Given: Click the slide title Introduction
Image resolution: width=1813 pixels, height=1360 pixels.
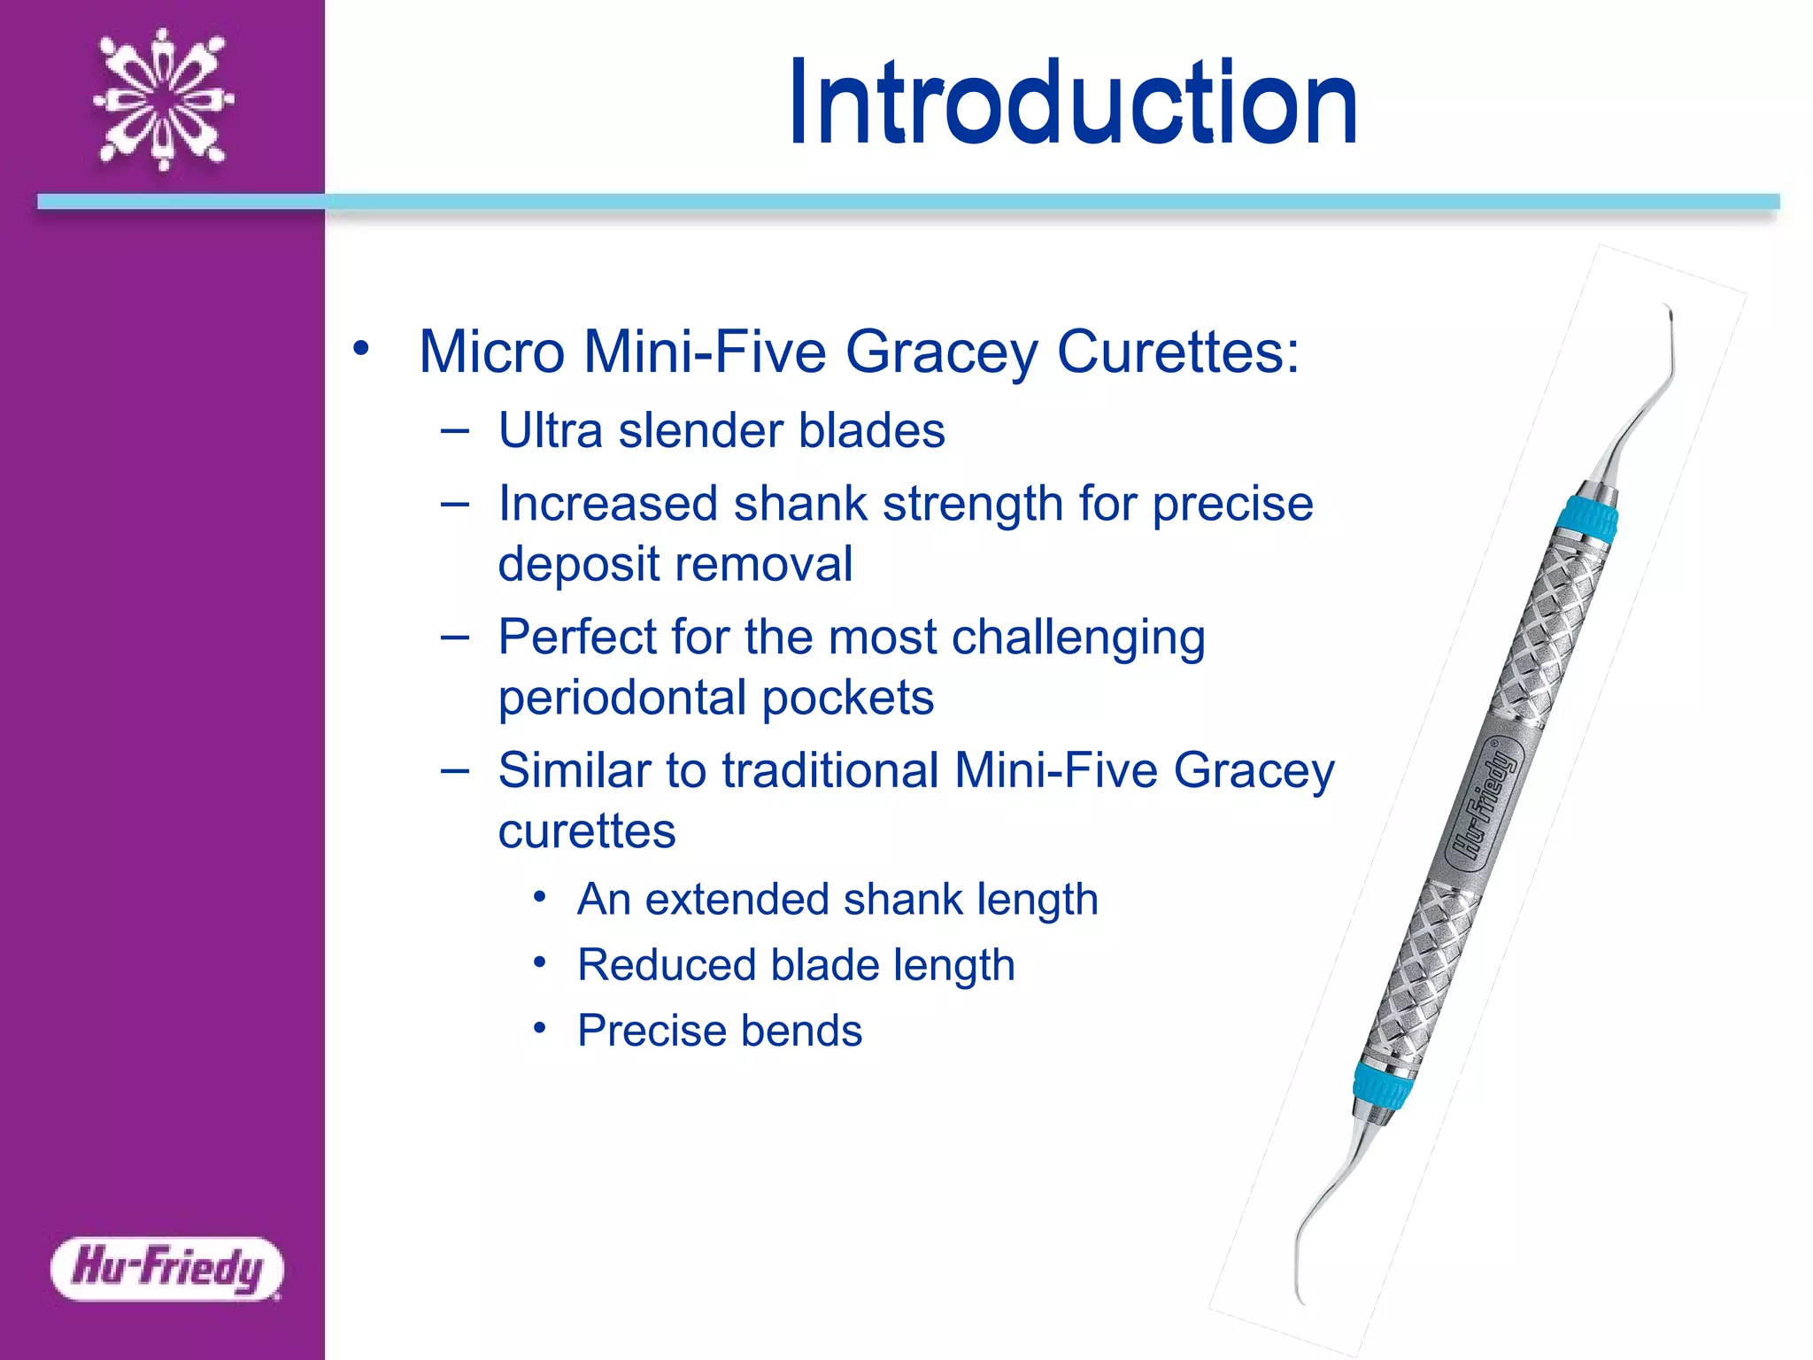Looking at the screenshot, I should point(1073,103).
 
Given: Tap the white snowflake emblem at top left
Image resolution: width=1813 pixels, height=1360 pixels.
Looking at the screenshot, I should point(164,99).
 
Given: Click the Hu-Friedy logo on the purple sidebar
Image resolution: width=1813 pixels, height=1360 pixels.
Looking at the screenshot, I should point(167,1268).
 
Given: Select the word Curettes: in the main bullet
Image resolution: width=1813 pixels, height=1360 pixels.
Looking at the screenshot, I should point(1178,352).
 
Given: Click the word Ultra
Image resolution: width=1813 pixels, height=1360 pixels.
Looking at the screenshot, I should point(551,430).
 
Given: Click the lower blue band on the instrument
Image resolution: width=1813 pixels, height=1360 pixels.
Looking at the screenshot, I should point(1381,1085).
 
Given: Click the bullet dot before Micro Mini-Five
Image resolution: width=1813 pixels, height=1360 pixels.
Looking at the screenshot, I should point(360,348).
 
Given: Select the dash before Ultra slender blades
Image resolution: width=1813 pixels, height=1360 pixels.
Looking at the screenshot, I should point(454,431).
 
